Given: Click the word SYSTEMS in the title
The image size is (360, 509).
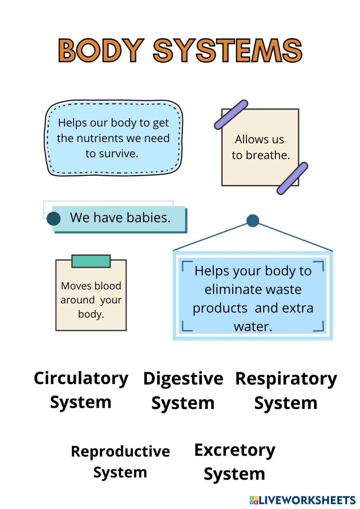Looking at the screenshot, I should coord(228,50).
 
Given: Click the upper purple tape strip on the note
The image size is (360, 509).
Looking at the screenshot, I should coord(231,114).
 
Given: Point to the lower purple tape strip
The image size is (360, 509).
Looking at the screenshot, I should coord(292,178).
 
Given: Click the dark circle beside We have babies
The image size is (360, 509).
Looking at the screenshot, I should coord(54,219).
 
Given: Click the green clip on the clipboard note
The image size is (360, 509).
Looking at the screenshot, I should coord(91,261).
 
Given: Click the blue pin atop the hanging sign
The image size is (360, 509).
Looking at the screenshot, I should coord(253,221).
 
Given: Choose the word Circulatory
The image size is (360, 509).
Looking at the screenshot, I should coord(81,379).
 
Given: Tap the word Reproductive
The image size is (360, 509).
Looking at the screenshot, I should coord(120,451).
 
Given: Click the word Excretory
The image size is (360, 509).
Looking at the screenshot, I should coord(235,450).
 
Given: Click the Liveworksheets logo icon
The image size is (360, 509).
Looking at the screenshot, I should coord(254,500).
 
